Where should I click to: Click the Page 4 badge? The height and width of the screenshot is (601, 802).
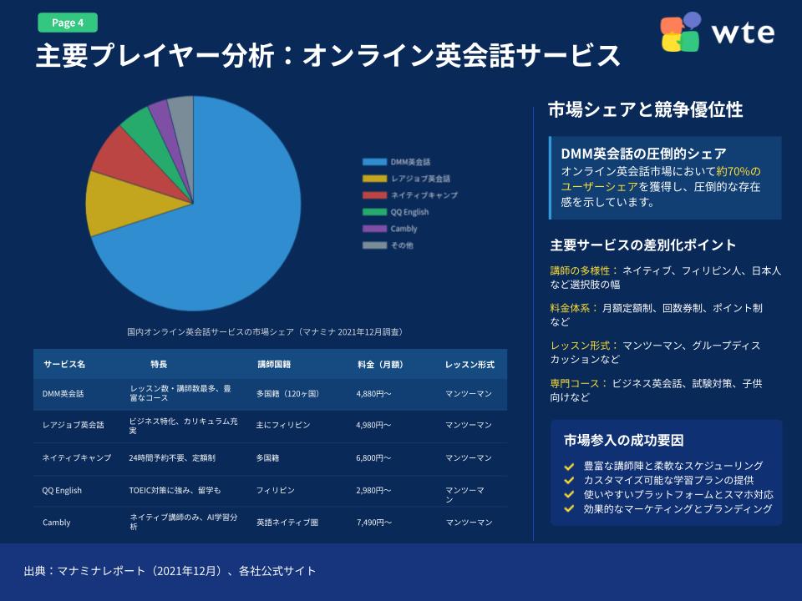pyautogui.click(x=68, y=23)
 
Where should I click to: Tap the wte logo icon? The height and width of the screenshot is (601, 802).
pyautogui.click(x=681, y=33)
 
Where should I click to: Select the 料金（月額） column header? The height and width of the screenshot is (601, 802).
pyautogui.click(x=380, y=365)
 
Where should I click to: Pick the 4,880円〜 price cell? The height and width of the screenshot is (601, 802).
pyautogui.click(x=373, y=393)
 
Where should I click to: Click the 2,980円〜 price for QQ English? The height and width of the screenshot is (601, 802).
pyautogui.click(x=373, y=491)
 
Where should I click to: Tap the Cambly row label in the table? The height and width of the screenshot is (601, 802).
pyautogui.click(x=57, y=523)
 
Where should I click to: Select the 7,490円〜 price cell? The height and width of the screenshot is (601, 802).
pyautogui.click(x=373, y=523)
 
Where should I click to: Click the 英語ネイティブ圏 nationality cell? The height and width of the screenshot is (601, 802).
pyautogui.click(x=287, y=523)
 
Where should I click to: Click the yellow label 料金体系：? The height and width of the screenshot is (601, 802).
pyautogui.click(x=574, y=308)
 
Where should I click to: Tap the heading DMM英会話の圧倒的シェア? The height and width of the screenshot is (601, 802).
pyautogui.click(x=643, y=154)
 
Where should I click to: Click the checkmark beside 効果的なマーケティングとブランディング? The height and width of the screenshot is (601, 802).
pyautogui.click(x=569, y=508)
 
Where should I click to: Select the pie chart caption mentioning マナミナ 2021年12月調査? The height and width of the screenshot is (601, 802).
pyautogui.click(x=266, y=332)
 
